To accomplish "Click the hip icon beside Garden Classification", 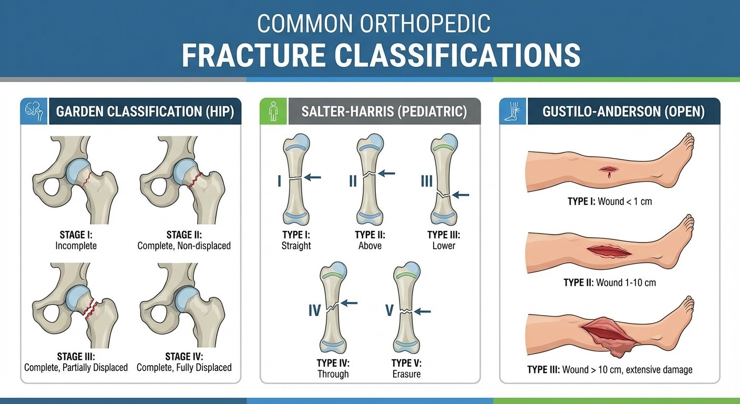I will [x=34, y=111].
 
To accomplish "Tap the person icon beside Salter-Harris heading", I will [x=273, y=111].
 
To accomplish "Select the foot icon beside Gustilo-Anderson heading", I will [x=512, y=111].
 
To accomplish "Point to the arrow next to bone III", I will [x=460, y=195].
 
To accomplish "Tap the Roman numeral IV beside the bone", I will [x=314, y=310].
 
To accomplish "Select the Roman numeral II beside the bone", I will [x=353, y=181].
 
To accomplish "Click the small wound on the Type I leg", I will [x=608, y=171].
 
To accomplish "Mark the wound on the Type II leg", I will [x=609, y=251].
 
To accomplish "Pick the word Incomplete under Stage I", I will [x=76, y=246].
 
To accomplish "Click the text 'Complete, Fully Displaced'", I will [x=184, y=367].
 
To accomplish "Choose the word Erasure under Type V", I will [x=406, y=374].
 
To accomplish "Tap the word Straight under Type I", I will [x=296, y=246].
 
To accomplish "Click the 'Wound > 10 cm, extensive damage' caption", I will [x=627, y=370].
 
